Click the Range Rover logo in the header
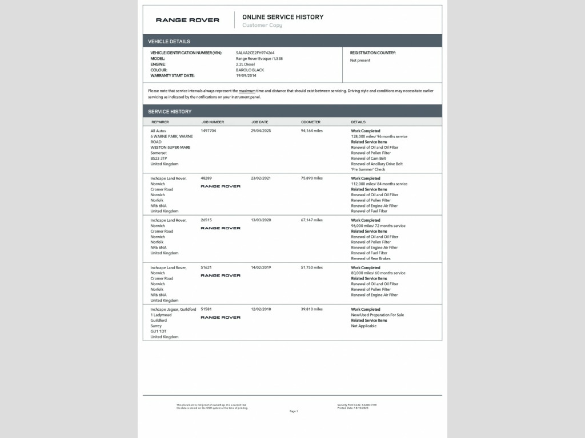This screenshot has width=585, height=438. tap(187, 20)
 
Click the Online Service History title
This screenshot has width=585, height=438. tap(283, 17)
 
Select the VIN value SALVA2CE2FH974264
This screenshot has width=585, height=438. tap(255, 53)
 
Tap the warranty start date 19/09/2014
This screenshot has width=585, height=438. tap(246, 75)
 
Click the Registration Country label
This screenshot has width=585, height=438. tap(372, 53)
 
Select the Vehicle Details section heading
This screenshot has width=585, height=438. tap(169, 41)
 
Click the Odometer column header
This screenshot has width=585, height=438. tap(311, 122)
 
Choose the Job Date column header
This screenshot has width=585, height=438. tap(259, 122)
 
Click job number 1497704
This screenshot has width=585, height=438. tap(209, 131)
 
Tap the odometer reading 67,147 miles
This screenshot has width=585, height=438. tap(312, 220)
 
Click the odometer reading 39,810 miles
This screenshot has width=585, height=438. tap(312, 309)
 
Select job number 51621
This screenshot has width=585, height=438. tap(206, 267)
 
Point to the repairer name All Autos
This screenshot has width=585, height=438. tap(158, 131)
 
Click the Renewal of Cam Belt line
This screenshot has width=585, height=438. tap(368, 159)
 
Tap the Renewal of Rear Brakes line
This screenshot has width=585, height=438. tap(371, 258)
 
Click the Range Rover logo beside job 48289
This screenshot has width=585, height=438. tap(221, 186)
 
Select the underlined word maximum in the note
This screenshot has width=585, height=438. tap(247, 91)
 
